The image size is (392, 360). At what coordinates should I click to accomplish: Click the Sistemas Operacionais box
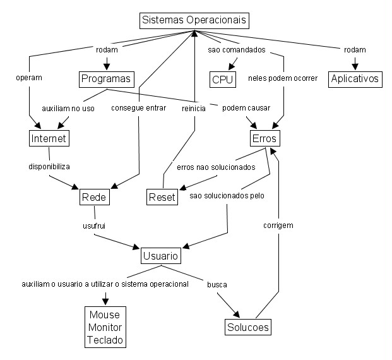[194, 20]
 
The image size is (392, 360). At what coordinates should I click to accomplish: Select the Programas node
[106, 79]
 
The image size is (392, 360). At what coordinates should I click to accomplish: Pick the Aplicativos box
[354, 79]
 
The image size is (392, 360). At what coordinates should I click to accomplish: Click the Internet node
[49, 138]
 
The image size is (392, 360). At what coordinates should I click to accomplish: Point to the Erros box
[264, 138]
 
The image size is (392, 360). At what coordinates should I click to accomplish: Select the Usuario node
[160, 256]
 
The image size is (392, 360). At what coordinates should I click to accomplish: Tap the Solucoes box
[247, 327]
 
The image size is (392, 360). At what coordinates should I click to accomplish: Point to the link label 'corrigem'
[278, 225]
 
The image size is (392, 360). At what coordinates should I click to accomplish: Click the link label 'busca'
[217, 285]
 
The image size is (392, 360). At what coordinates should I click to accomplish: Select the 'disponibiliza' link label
[49, 167]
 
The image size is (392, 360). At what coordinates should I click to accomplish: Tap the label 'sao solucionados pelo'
[227, 196]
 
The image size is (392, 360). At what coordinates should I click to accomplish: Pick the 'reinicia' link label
[194, 108]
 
